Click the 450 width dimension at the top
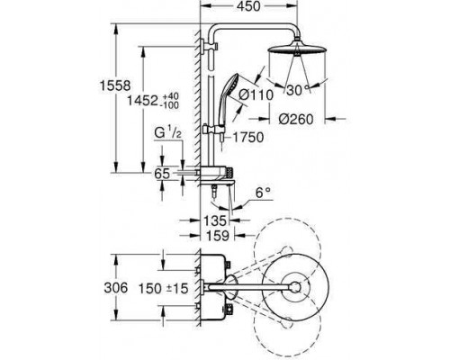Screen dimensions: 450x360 click(x=249, y=6)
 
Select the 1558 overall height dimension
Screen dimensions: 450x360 click(x=115, y=86)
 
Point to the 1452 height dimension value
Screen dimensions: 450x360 click(x=142, y=101)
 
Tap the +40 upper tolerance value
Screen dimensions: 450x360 click(x=170, y=96)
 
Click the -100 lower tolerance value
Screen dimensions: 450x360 click(x=170, y=105)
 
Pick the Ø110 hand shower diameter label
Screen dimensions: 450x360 click(x=256, y=95)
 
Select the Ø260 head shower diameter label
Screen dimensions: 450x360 click(x=296, y=120)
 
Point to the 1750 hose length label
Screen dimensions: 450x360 click(x=248, y=138)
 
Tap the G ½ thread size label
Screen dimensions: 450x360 click(x=168, y=132)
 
